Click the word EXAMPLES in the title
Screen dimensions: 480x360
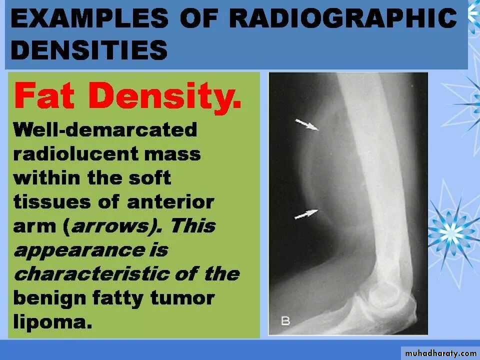pos(89,18)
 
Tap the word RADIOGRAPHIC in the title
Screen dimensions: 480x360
pos(343,18)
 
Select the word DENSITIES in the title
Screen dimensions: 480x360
pos(89,49)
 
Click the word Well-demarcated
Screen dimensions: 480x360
pos(105,129)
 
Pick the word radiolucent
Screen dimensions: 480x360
pos(76,153)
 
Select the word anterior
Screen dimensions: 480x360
pos(170,202)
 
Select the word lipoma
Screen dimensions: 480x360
pos(52,322)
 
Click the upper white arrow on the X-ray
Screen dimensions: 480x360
pos(306,125)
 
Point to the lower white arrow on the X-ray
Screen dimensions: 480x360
pos(306,214)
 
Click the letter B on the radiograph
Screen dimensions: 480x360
pos(285,321)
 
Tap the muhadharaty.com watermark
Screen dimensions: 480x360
pos(440,353)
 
